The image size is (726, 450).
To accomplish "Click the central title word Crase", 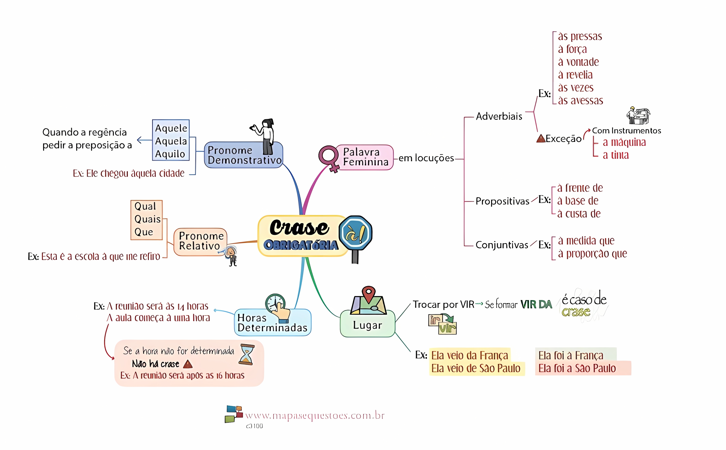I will (x=299, y=228).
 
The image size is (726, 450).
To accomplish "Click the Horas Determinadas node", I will (x=272, y=323).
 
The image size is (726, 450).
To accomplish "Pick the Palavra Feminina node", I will (x=365, y=157).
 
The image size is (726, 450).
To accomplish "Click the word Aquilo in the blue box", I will (x=170, y=154).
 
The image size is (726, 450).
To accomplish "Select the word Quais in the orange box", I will (x=147, y=219).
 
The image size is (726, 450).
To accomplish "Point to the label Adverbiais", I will (x=499, y=116).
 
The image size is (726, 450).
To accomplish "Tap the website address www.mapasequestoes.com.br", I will (x=315, y=416).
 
